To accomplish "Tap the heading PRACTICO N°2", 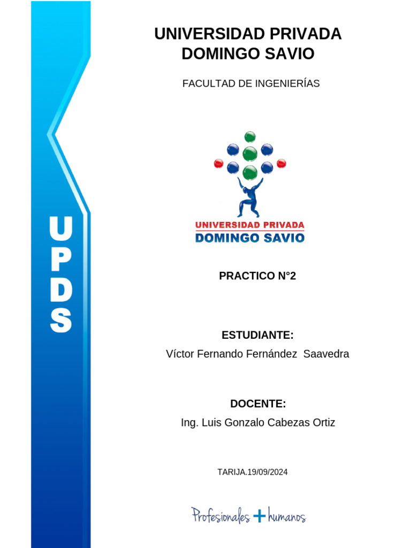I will coord(257,276).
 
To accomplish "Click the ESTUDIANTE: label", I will coord(257,336).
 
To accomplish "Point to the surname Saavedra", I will coord(326,354).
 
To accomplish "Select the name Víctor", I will coord(180,354).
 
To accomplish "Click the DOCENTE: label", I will coord(258,404).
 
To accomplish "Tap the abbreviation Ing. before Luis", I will coord(190,423).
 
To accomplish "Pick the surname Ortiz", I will coord(322,423).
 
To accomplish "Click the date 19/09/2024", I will coord(268,472).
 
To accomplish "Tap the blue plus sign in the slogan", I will coord(260,515).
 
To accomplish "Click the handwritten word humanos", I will coord(287,516).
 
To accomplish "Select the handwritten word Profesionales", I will coord(221,515).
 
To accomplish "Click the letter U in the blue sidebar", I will coord(60,229).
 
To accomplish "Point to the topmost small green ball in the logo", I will coord(250,136).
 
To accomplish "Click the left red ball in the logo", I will coord(218,163).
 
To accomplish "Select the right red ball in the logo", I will coord(281,163).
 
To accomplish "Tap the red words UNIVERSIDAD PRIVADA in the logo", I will coord(249,225).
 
